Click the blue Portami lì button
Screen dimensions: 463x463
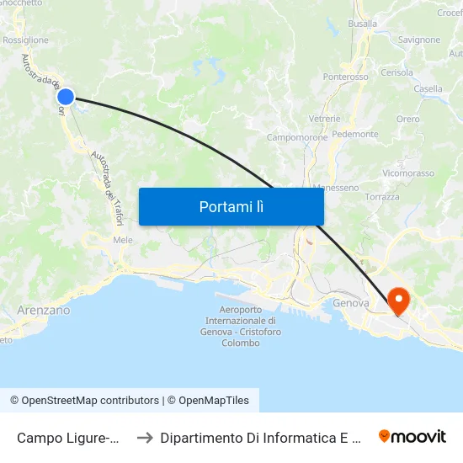[231, 206]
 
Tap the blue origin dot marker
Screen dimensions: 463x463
[66, 97]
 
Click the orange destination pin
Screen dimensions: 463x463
[397, 300]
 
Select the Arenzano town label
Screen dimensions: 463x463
[44, 310]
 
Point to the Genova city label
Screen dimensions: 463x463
[351, 303]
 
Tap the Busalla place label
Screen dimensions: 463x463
[363, 24]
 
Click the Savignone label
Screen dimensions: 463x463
[419, 40]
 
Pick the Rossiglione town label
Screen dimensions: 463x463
[25, 40]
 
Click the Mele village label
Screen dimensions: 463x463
[123, 240]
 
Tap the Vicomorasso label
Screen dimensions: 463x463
[408, 173]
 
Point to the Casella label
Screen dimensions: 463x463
[428, 88]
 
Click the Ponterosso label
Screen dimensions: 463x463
[346, 77]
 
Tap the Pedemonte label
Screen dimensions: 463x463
[355, 134]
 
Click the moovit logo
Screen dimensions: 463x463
[412, 436]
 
